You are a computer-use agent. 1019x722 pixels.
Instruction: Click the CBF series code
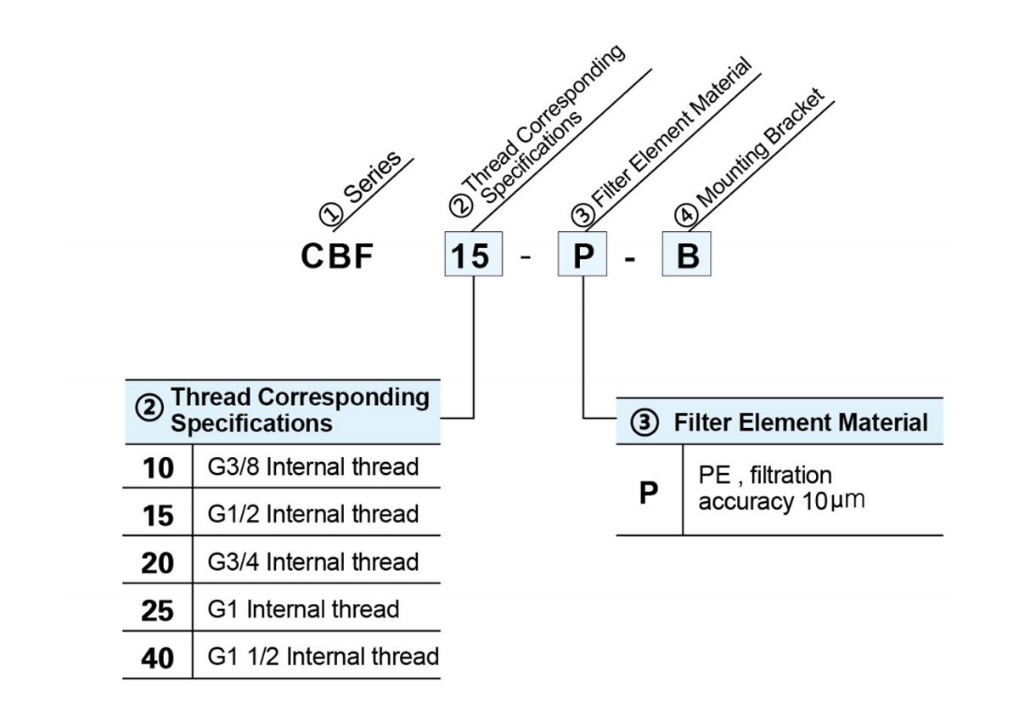337,256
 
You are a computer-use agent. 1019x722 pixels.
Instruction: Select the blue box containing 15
474,254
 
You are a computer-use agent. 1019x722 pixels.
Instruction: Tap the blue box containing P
583,254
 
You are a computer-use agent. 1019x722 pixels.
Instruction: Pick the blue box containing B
686,254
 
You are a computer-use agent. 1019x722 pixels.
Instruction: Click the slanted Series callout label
372,178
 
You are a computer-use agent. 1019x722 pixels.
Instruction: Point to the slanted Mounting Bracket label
761,148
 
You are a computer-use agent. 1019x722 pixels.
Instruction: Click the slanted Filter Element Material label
672,133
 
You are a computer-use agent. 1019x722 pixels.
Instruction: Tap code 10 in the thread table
158,468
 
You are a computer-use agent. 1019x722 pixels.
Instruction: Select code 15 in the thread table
158,516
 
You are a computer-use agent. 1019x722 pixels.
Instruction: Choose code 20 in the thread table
157,563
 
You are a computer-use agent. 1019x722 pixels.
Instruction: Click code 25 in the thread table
157,611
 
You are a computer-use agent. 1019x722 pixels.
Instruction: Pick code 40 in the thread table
157,658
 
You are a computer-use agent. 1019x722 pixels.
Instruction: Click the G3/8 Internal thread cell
313,467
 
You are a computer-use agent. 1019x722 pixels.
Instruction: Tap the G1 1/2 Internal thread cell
323,657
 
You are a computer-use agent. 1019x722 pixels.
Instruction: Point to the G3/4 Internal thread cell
313,561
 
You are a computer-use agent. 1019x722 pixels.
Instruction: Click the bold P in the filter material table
648,493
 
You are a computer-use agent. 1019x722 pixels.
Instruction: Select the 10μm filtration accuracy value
833,501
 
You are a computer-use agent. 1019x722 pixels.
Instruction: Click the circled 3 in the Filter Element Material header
645,422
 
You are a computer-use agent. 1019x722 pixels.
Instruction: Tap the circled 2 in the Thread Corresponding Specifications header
149,408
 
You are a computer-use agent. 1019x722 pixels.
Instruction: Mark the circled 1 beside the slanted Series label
330,213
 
